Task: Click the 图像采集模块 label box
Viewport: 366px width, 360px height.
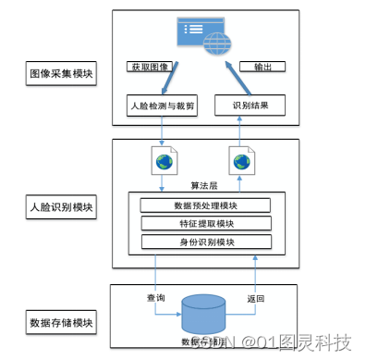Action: pos(62,73)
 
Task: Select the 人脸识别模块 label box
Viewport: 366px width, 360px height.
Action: pos(62,207)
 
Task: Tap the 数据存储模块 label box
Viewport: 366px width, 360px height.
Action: pos(62,323)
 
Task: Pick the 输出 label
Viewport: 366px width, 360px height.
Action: pos(262,67)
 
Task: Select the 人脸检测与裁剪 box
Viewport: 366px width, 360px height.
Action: pos(163,106)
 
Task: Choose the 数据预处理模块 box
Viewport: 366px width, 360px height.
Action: pos(205,205)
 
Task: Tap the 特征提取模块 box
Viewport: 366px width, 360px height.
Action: pos(205,224)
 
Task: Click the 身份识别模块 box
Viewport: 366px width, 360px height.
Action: pos(205,242)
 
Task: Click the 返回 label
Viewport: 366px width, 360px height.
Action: pos(256,299)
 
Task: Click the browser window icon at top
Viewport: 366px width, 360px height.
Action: pos(201,35)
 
